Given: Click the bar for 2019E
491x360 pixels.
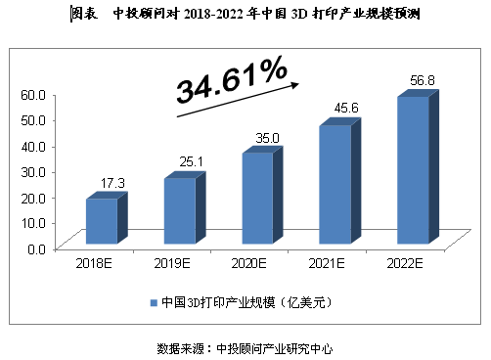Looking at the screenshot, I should tap(178, 209).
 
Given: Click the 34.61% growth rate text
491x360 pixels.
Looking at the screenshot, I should tap(232, 80).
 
